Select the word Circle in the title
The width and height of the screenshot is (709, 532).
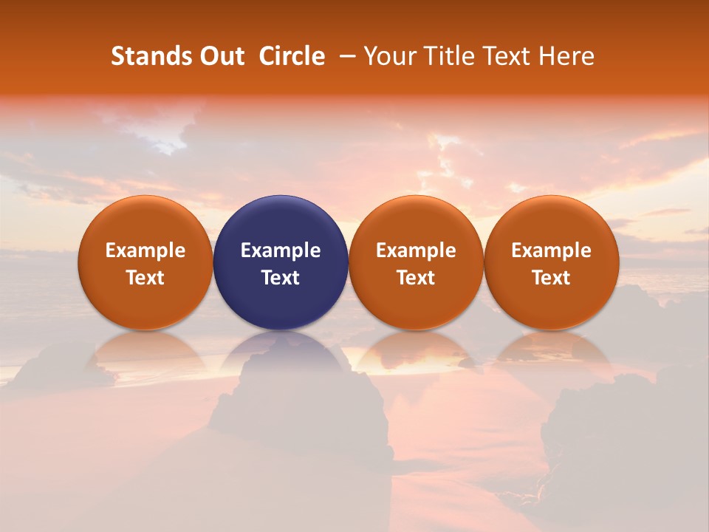tap(292, 56)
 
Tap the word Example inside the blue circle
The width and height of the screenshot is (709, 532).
tap(281, 250)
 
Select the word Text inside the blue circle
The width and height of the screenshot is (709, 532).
tap(281, 278)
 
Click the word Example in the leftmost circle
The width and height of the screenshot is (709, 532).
tap(145, 250)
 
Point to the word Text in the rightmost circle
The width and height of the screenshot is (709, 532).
tap(551, 278)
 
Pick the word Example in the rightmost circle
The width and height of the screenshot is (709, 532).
tap(551, 250)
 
